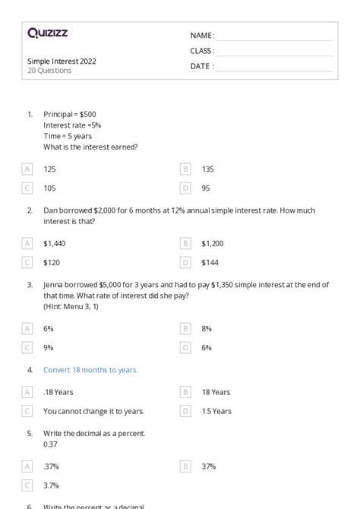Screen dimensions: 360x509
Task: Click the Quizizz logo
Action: point(47,33)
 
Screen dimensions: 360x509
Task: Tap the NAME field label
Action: point(202,36)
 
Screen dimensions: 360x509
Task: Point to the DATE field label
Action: point(202,66)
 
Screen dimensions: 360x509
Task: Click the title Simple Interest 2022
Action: point(62,61)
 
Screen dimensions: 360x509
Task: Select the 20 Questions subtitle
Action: point(49,71)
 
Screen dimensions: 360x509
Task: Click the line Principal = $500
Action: point(69,114)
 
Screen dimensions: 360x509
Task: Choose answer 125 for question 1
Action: point(49,169)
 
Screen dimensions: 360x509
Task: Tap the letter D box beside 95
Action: point(185,188)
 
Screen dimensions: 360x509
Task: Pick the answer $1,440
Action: point(54,243)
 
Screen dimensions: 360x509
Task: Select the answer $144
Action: point(210,262)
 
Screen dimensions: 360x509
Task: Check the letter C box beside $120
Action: point(27,262)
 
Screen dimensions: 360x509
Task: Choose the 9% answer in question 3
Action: point(48,347)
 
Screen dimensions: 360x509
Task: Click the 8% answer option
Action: point(207,328)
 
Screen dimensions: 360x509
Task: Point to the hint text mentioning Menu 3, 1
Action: point(71,306)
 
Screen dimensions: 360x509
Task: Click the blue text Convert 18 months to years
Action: point(90,370)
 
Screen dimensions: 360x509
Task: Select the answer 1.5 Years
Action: point(216,411)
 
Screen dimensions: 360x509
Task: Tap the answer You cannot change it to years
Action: point(93,411)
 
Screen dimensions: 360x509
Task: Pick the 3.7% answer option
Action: point(51,485)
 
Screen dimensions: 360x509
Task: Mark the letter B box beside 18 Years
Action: point(185,392)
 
